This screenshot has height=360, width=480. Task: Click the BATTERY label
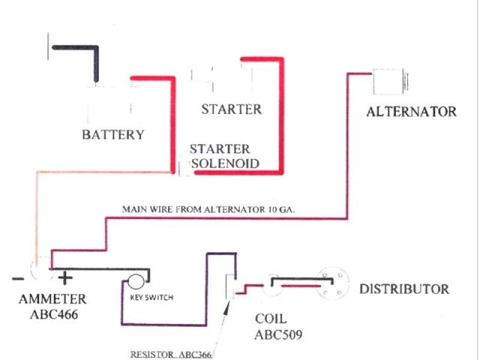click(112, 135)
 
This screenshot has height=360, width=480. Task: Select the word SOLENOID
click(225, 163)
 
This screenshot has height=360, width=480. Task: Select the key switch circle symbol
click(135, 283)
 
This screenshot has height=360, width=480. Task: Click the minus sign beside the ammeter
click(15, 279)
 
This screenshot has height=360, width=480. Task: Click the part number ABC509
click(274, 331)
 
